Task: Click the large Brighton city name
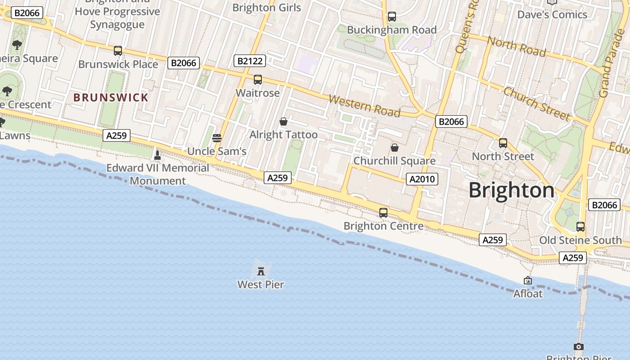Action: tap(512, 190)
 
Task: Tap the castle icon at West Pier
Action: tap(261, 271)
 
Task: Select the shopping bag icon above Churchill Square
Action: tap(395, 148)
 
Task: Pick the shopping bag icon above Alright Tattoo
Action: tap(283, 121)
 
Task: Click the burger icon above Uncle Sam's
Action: tap(217, 138)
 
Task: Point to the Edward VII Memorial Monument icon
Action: tap(157, 155)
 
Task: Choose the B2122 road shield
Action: tap(250, 61)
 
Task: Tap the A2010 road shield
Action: tap(422, 179)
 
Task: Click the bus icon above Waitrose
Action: tap(258, 80)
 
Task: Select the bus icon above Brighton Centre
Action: tap(383, 213)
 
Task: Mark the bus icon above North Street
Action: tap(503, 143)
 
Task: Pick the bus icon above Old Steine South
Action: tap(580, 227)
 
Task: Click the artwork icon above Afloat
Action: tap(528, 281)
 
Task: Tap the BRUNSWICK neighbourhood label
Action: tap(111, 98)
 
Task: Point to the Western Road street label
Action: tap(364, 106)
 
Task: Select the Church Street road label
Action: tap(536, 104)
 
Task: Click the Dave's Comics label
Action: tap(552, 14)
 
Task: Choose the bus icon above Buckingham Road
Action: tap(392, 17)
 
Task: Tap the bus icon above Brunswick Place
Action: tap(118, 51)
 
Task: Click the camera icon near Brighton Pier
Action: tap(579, 346)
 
